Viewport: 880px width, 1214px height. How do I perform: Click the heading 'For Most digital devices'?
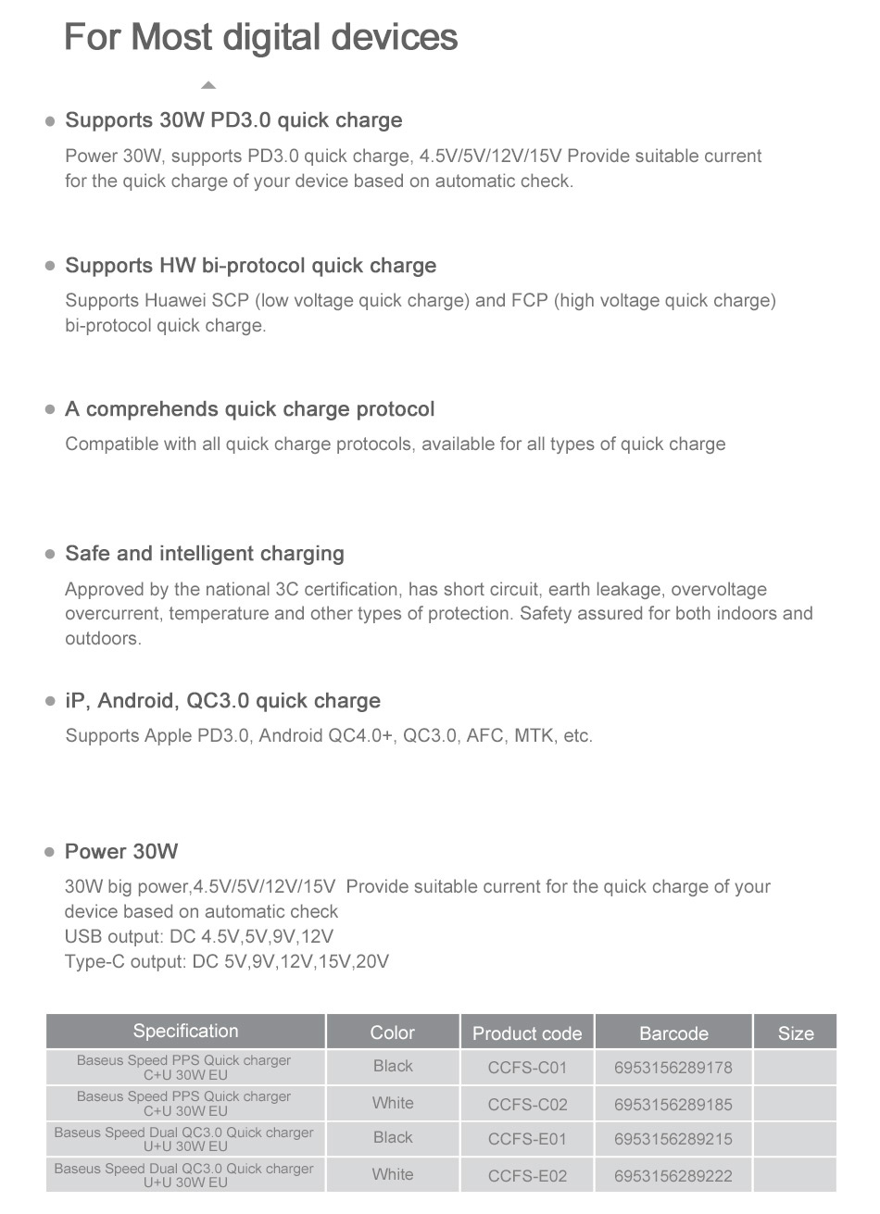pyautogui.click(x=260, y=37)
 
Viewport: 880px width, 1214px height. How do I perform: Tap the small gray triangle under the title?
pyautogui.click(x=208, y=85)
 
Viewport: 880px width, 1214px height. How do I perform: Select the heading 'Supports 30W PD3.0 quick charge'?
pyautogui.click(x=233, y=120)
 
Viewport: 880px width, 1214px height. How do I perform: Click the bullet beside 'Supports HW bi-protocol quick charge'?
pyautogui.click(x=50, y=266)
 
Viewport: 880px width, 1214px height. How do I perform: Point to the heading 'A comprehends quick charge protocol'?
pyautogui.click(x=249, y=409)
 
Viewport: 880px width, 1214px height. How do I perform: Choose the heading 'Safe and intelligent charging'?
pyautogui.click(x=204, y=554)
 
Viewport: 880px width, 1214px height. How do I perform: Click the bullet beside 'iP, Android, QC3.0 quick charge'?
pyautogui.click(x=50, y=702)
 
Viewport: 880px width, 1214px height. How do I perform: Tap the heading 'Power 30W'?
pyautogui.click(x=121, y=852)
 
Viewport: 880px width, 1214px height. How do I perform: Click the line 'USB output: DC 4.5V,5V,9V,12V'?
pyautogui.click(x=198, y=936)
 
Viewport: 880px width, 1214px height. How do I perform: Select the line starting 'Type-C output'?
pyautogui.click(x=227, y=961)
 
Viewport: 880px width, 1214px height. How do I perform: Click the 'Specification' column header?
pyautogui.click(x=185, y=1032)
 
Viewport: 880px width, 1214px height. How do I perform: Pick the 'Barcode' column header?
pyautogui.click(x=673, y=1033)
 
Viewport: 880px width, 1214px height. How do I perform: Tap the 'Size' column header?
pyautogui.click(x=795, y=1033)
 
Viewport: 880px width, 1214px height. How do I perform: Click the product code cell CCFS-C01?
pyautogui.click(x=527, y=1068)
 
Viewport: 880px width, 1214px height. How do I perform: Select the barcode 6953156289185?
pyautogui.click(x=673, y=1104)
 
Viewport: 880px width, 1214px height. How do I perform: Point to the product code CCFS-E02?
pyautogui.click(x=527, y=1176)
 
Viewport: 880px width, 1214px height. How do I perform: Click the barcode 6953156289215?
pyautogui.click(x=673, y=1140)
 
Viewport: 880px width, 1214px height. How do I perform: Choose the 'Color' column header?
pyautogui.click(x=392, y=1033)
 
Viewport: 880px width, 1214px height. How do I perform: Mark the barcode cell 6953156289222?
pyautogui.click(x=673, y=1176)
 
